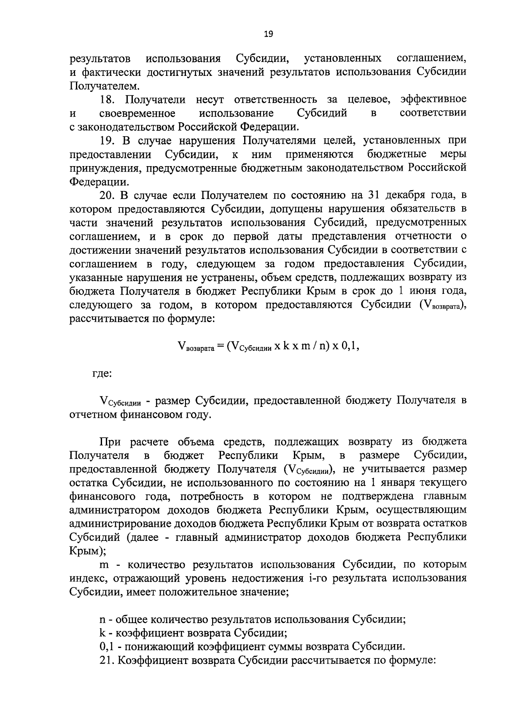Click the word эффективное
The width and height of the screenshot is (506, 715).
(x=433, y=99)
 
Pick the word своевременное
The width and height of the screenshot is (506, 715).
(x=137, y=113)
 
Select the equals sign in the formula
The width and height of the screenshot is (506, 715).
(x=221, y=347)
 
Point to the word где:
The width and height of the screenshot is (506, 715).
(x=102, y=374)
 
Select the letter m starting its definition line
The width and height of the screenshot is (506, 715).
(x=104, y=564)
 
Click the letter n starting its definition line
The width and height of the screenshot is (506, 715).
(x=102, y=620)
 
